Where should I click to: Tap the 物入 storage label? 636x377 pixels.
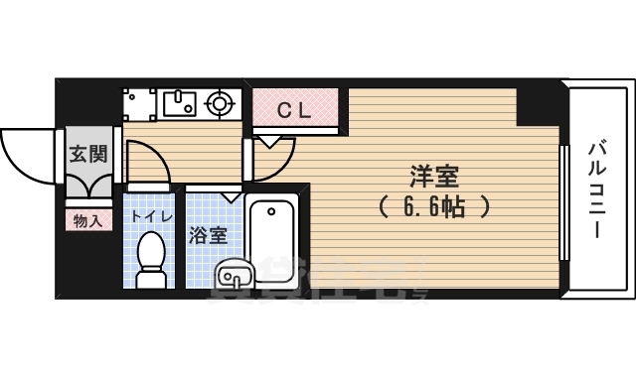point(87,219)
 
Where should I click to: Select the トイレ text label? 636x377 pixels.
point(153,216)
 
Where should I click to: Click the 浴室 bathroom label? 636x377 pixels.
point(209,235)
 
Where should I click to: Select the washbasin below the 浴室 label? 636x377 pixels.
point(233,271)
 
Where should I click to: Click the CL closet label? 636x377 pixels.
point(294,111)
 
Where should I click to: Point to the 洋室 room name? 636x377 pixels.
point(434,176)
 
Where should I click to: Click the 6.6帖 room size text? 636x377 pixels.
point(434,207)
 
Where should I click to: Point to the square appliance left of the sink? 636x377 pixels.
point(135,101)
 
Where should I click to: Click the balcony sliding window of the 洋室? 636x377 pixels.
point(564,204)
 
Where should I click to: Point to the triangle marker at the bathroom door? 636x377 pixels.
point(230,195)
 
